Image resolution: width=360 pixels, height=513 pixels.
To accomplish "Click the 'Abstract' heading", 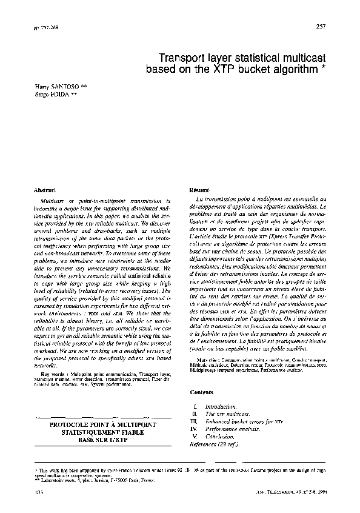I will click(46, 190).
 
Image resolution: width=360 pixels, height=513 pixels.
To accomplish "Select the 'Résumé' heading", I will click(199, 190).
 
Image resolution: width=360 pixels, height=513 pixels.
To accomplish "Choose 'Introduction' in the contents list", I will click(219, 405).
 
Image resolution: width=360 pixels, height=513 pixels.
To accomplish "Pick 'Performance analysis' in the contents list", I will click(232, 428).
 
